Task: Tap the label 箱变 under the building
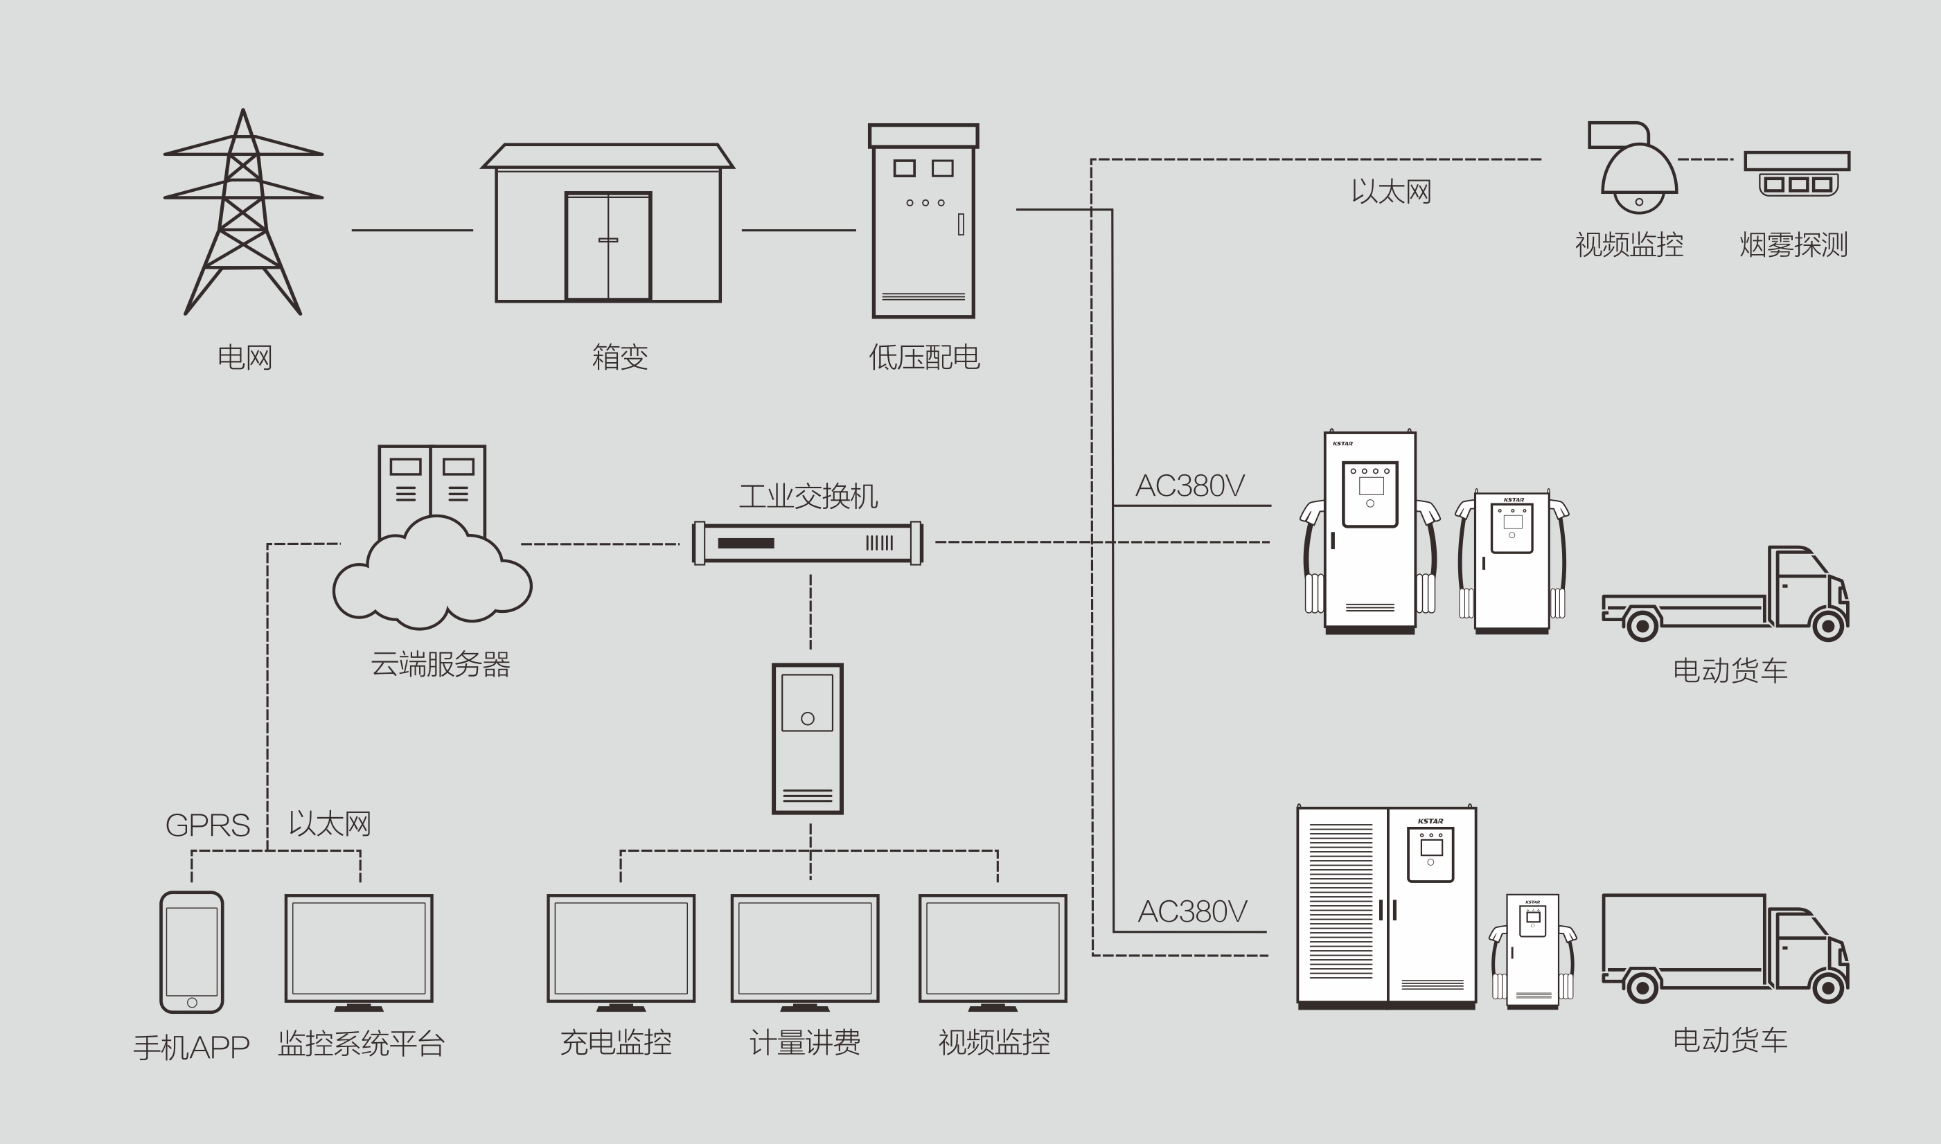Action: [619, 357]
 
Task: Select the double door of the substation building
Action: [608, 246]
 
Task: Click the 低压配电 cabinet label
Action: [924, 357]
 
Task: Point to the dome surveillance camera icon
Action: [1638, 172]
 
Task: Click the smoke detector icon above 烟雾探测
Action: [1797, 173]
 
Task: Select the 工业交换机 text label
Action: [808, 496]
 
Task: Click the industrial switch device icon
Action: [808, 544]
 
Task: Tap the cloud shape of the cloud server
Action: [432, 578]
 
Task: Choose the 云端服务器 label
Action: [441, 663]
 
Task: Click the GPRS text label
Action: [207, 825]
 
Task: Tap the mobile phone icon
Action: [192, 952]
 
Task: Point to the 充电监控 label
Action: [615, 1042]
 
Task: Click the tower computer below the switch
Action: [808, 738]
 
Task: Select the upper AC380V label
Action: [1189, 485]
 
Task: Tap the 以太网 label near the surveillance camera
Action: [1390, 191]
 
